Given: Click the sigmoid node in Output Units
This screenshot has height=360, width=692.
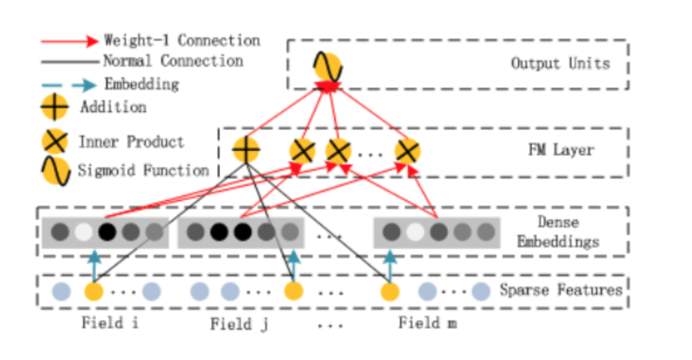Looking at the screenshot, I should click(327, 67).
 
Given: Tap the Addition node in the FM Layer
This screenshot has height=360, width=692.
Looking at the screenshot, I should click(245, 150).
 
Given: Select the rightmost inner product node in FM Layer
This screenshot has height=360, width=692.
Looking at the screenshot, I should click(407, 151).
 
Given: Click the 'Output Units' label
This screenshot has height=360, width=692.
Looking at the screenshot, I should click(560, 63).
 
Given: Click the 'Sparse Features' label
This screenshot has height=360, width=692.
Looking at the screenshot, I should click(560, 290).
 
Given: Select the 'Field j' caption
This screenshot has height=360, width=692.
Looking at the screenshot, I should click(240, 323).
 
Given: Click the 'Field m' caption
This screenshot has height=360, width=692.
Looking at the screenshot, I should click(427, 323).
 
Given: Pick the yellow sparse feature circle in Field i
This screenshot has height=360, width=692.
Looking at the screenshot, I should click(94, 290).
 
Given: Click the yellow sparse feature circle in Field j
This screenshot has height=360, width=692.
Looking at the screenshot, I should click(293, 290).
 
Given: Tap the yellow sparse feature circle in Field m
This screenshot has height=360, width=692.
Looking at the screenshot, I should click(390, 290).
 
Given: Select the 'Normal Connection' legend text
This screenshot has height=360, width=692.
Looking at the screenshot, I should click(173, 61).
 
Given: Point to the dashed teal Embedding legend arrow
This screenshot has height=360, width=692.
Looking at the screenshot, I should click(69, 85).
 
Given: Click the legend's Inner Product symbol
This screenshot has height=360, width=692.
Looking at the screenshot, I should click(54, 142).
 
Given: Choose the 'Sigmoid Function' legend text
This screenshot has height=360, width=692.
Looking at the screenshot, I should click(143, 171).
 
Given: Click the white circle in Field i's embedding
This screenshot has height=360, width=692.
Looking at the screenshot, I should click(84, 233).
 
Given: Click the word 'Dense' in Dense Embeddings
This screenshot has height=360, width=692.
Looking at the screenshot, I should click(558, 222).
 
